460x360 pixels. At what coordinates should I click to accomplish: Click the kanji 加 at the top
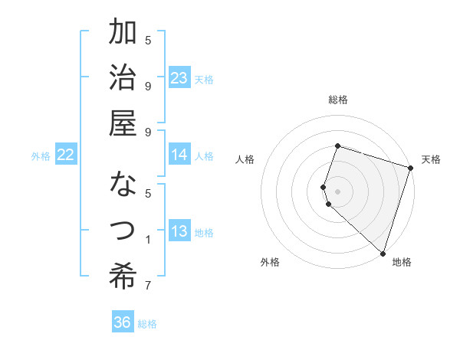123,33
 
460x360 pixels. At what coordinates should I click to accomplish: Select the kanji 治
123,79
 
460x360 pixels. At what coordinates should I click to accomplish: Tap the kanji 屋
123,125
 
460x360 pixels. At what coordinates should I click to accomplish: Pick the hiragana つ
123,230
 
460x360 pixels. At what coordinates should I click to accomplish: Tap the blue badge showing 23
179,78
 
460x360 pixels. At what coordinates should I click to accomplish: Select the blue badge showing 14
179,155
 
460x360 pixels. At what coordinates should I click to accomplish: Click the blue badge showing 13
179,232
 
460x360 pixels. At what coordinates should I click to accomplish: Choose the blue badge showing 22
66,155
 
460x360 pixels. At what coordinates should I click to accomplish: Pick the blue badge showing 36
123,322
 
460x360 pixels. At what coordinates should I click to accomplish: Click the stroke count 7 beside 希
148,286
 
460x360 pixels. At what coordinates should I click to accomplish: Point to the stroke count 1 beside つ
148,241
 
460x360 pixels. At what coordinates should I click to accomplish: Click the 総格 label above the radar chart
338,100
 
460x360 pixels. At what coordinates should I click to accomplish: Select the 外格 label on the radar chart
270,263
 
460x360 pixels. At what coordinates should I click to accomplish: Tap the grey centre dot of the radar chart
338,191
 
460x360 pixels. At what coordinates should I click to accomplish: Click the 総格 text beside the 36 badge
147,323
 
